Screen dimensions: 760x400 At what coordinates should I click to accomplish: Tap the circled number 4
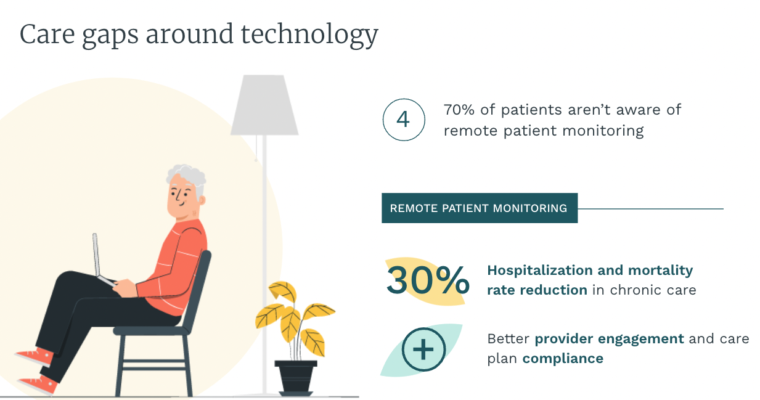[404, 120]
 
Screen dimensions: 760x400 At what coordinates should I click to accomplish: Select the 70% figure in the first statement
[459, 110]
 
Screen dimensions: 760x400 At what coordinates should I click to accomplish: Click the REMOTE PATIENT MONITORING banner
[480, 208]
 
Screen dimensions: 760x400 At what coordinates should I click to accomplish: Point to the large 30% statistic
[428, 280]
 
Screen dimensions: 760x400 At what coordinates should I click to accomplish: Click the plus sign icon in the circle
[423, 349]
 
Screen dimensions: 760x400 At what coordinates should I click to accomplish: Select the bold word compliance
[563, 359]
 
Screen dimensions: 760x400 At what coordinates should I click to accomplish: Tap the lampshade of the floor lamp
[264, 105]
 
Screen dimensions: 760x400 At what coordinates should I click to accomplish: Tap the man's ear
[202, 200]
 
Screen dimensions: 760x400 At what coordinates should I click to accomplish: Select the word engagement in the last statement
[640, 339]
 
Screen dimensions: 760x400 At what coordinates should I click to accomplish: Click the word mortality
[660, 271]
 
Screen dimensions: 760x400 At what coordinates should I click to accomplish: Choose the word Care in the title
[47, 35]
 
